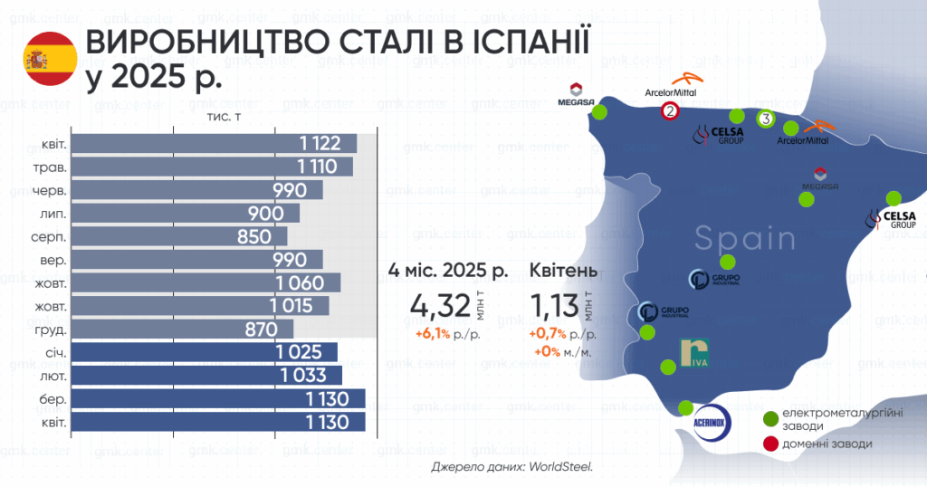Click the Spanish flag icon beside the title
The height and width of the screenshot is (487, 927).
pos(51,59)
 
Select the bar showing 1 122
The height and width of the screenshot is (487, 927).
pos(214,144)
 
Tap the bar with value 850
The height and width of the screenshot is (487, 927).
pos(179,236)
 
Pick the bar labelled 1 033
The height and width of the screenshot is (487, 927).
pos(206,376)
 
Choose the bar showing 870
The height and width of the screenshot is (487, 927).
pos(182,329)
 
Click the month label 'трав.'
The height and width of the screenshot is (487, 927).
pos(51,167)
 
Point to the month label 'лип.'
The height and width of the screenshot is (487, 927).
pos(53,214)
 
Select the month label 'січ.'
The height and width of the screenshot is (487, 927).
pos(56,353)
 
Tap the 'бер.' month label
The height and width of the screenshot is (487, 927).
pos(53,399)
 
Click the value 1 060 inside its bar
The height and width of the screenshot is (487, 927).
pos(300,283)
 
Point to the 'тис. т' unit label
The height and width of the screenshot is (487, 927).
pos(224,117)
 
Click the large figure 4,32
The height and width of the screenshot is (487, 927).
pos(441,306)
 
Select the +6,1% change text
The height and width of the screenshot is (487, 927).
pos(433,335)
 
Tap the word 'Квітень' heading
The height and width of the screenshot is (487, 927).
pos(563,272)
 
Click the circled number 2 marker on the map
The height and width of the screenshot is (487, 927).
pos(670,110)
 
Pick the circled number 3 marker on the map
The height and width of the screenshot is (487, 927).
pos(766,119)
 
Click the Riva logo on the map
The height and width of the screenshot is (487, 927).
pos(694,353)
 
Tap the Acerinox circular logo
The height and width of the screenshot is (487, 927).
pos(712,423)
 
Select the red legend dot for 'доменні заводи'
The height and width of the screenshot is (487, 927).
pos(770,444)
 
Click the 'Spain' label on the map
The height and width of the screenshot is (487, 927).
pos(745,238)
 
